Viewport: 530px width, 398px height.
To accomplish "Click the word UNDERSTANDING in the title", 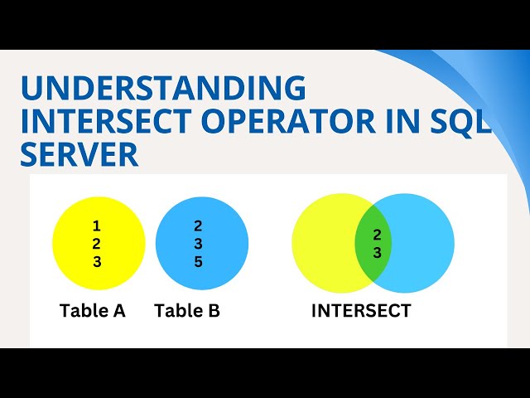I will [x=162, y=88].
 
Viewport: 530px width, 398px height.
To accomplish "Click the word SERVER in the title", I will [x=79, y=154].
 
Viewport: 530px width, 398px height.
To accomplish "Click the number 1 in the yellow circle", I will [x=97, y=226].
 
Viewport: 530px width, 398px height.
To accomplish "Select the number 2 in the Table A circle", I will [x=97, y=244].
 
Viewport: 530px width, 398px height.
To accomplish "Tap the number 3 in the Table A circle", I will [x=97, y=262].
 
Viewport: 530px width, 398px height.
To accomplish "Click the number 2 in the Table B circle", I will [x=198, y=226].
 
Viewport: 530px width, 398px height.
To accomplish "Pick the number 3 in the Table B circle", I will [x=198, y=244].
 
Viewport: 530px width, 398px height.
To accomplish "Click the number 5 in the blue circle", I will [x=198, y=262].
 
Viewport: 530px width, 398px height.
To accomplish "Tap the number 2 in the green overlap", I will [x=377, y=235].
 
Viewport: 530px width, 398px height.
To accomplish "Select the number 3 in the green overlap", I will [x=377, y=254].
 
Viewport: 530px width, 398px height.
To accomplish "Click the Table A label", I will [x=93, y=311].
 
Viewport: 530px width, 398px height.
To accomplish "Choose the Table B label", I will [x=187, y=311].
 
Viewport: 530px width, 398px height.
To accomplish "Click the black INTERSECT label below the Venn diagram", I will [x=361, y=311].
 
